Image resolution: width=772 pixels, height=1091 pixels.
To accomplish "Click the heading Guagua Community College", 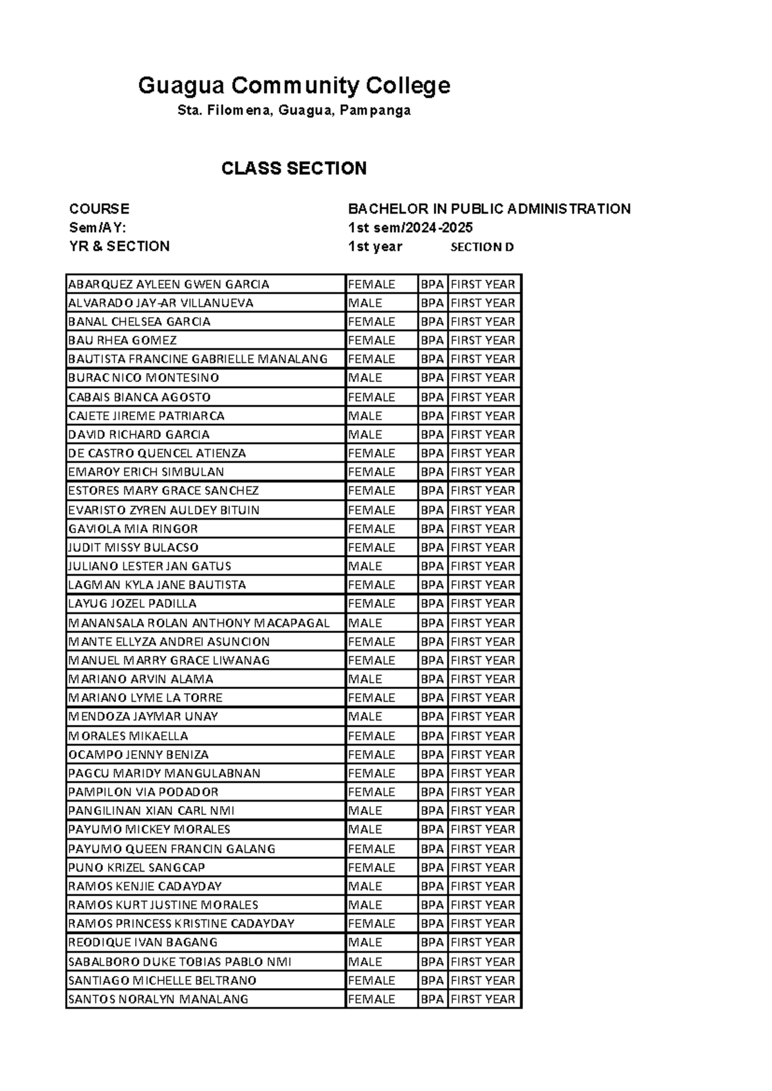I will coord(294,85).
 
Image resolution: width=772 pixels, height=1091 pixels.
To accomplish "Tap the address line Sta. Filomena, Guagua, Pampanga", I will coord(294,111).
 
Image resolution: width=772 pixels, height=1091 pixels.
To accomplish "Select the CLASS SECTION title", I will coord(294,169).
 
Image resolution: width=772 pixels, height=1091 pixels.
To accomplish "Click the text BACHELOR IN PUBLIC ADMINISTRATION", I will coord(489,208).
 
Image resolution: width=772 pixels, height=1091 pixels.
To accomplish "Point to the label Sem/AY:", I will coord(98,228).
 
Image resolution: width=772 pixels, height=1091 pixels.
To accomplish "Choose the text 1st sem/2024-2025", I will coord(410,228).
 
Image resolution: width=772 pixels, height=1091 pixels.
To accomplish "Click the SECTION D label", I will coord(482,247).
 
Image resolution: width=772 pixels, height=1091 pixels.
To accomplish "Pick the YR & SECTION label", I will coord(120,246).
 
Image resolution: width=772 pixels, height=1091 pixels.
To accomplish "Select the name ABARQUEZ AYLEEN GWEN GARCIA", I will coord(169,284).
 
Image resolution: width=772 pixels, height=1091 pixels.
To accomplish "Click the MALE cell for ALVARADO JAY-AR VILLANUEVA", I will coord(365,303).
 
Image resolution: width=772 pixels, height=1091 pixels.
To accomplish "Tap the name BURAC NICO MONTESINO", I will coord(143,378).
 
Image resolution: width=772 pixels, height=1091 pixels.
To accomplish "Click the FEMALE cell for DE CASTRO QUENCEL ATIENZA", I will coord(372,453).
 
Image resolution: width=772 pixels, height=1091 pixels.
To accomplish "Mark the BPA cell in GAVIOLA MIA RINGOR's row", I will coord(432,529).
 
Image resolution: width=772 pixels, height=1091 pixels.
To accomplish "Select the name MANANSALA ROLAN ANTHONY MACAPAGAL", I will coord(199,623).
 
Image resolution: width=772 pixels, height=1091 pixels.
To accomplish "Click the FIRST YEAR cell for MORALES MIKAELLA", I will coord(482,735).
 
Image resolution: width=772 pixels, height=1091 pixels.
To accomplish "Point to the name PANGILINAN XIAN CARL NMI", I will coord(151,811).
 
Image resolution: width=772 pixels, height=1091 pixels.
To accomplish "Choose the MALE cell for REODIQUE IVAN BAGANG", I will coord(365,942).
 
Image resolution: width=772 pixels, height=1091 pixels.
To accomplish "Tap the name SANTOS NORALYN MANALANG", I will coord(158,999).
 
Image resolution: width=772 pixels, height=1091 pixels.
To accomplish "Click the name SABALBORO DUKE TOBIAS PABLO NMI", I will coord(179,962).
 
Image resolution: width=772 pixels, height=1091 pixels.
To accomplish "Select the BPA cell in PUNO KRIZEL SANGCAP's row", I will coord(432,867).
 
